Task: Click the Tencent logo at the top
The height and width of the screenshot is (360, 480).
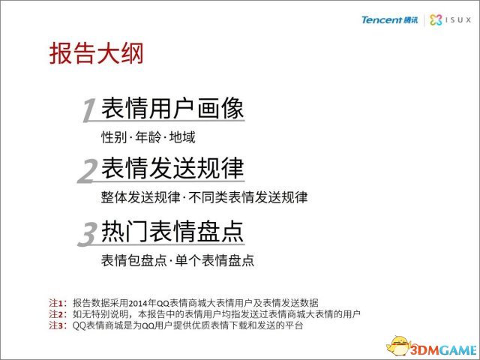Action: (389, 20)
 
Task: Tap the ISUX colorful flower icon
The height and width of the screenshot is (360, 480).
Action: (436, 20)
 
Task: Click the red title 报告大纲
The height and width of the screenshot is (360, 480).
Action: (96, 53)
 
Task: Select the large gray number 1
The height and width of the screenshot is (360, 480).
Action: (89, 110)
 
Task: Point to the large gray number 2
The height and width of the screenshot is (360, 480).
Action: (88, 172)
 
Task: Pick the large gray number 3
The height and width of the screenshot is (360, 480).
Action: (88, 234)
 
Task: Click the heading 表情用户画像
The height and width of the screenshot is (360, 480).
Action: (172, 108)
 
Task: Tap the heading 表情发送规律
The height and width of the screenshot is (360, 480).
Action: (172, 168)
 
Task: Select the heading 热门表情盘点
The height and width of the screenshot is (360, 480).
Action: (172, 231)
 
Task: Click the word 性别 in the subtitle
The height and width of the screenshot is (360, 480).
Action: (114, 136)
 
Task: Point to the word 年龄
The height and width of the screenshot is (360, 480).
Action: (148, 136)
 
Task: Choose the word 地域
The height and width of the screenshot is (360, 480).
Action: (182, 136)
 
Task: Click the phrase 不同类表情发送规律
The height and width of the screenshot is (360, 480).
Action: (248, 197)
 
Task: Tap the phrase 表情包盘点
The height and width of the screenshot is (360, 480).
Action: (133, 260)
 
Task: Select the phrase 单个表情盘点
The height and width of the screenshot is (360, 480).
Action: (215, 260)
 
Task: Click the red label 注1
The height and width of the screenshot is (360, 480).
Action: (56, 303)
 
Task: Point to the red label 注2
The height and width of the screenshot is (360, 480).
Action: (56, 313)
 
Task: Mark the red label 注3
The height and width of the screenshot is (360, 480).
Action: (56, 325)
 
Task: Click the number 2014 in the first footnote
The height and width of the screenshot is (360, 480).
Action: (137, 303)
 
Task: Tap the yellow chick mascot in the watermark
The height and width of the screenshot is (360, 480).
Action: (398, 346)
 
